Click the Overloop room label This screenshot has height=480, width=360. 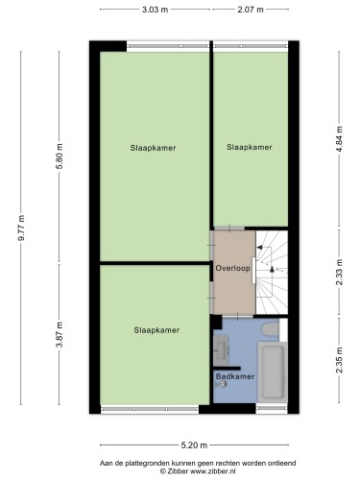coord(233,268)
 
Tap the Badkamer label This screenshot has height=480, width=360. coord(235,377)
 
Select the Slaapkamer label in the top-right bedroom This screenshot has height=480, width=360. coord(250,148)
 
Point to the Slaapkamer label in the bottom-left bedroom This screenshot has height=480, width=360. coord(156,330)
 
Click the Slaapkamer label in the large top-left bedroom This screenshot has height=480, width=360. coord(154,148)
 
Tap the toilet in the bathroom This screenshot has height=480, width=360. coord(270,330)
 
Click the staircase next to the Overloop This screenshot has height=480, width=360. coord(271,273)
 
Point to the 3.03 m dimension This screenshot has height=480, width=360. coord(154,11)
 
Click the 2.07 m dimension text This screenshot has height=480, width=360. coord(251,11)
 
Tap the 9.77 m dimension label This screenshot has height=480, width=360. coord(20,228)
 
